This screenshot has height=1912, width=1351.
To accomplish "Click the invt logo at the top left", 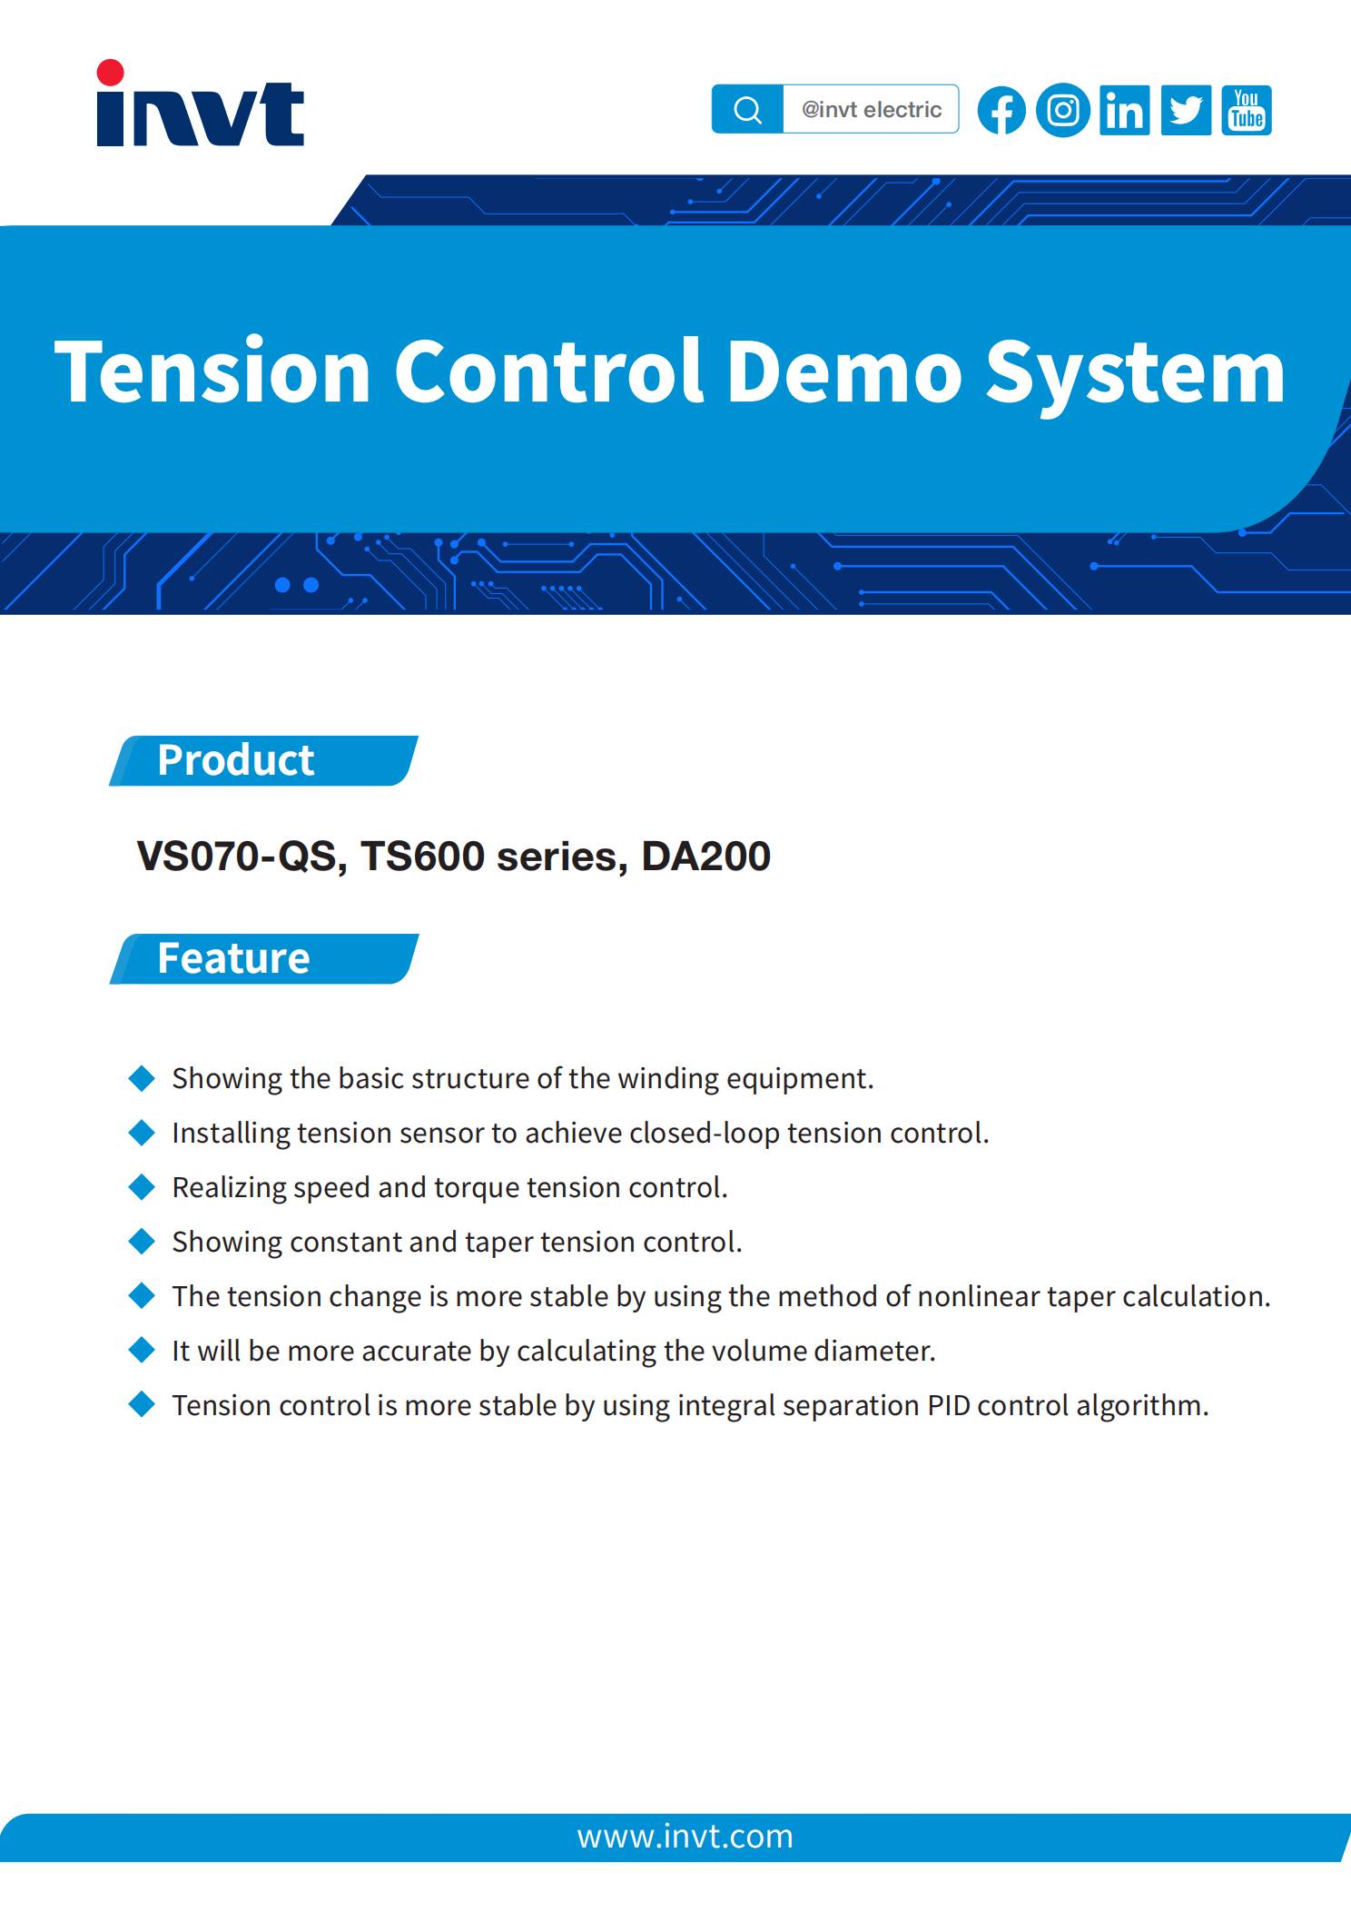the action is point(200,104).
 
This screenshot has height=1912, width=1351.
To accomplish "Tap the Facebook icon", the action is point(1001,111).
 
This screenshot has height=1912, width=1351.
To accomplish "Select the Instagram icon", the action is point(1063,111).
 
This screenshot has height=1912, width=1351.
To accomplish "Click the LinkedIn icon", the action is point(1125,111).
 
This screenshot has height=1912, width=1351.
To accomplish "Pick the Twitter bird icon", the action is point(1186,111).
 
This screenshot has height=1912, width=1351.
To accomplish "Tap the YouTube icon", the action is point(1247,111).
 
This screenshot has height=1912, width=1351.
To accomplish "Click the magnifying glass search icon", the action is point(747,110).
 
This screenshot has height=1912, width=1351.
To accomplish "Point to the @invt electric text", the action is point(872,110).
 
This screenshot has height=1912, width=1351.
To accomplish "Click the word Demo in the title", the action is point(843,372).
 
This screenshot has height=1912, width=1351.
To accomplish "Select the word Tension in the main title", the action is point(213,372).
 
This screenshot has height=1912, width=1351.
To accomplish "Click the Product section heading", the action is point(235,760).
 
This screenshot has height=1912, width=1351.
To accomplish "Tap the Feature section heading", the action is point(233,958).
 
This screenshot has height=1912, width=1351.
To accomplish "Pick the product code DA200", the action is point(705,857).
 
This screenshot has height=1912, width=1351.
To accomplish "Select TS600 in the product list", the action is point(422,857).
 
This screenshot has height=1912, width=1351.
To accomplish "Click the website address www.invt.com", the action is point(685,1837).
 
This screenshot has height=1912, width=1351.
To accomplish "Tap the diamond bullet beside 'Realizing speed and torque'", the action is point(143,1186).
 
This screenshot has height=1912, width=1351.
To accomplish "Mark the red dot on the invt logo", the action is point(110,74).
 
